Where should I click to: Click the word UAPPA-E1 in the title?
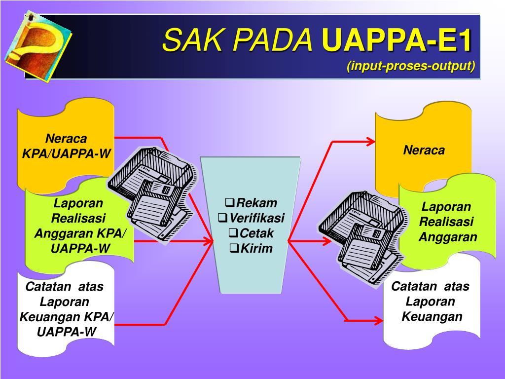pos(397,40)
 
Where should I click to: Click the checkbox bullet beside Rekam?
pos(229,203)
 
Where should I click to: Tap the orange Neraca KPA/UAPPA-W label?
pos(66,146)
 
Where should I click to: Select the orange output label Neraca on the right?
pos(424,150)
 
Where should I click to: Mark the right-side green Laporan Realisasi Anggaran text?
pos(447,222)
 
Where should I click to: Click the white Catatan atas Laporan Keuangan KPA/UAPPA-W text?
pos(66,309)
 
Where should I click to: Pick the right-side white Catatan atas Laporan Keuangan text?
pos(431,302)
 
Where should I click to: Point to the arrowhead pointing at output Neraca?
pos(370,142)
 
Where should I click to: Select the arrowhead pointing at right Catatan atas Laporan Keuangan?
pos(377,320)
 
